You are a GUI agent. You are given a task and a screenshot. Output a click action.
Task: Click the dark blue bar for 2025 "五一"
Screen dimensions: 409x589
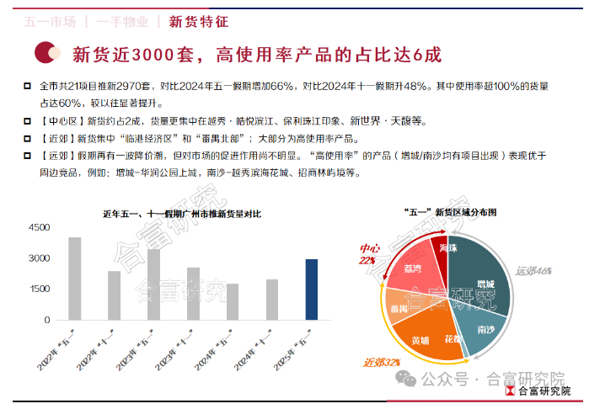click(x=311, y=289)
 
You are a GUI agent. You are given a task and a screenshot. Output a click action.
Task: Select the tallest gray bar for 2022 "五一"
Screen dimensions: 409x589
click(x=75, y=278)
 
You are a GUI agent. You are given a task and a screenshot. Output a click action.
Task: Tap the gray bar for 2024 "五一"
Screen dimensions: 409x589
click(x=233, y=301)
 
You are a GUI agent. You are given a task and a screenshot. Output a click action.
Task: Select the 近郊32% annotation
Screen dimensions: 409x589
click(x=380, y=362)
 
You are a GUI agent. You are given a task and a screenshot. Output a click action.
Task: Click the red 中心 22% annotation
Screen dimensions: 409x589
click(x=368, y=254)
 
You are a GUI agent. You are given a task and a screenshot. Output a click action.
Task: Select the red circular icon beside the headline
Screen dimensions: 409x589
click(x=46, y=54)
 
